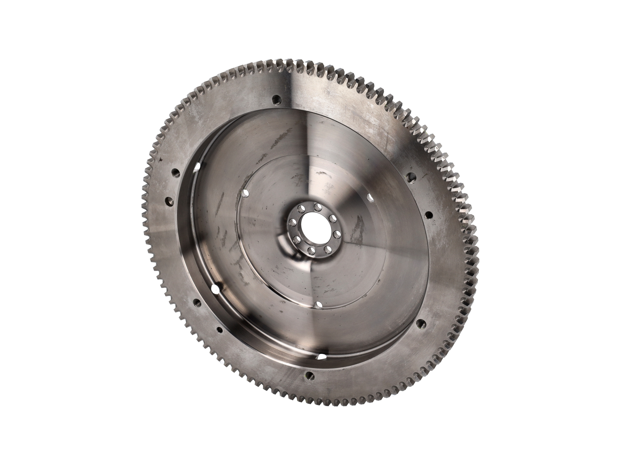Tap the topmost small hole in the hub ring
[x=317, y=206]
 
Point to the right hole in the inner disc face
[x=371, y=198]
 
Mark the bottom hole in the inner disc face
[x=318, y=305]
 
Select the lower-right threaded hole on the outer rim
[x=420, y=322]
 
